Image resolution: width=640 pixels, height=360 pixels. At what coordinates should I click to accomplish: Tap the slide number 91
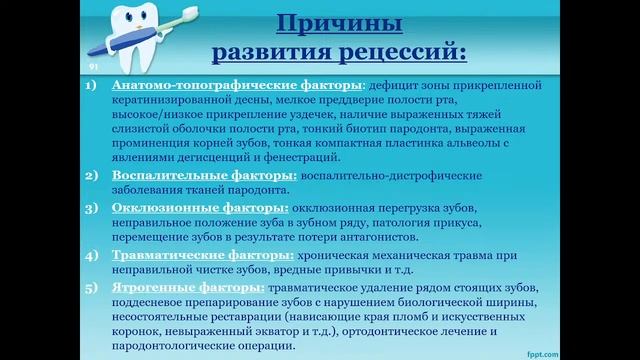point(94,64)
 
